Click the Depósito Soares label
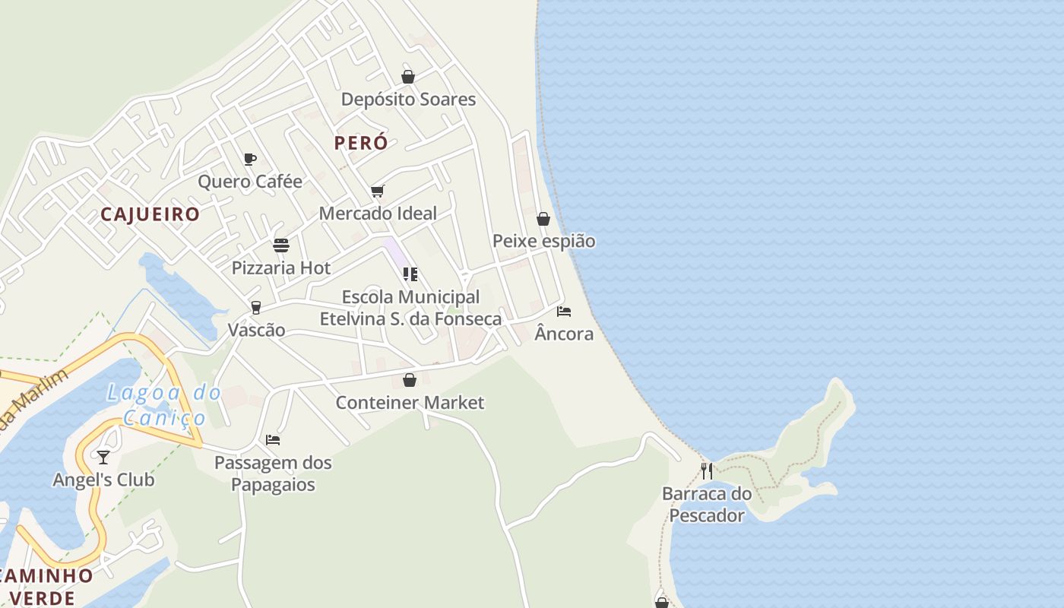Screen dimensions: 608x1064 click(x=408, y=100)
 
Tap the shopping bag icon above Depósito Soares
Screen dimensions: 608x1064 click(x=408, y=77)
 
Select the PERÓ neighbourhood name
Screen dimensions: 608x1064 click(x=361, y=143)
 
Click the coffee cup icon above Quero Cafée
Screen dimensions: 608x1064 click(x=250, y=159)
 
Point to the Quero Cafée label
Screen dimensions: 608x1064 click(x=250, y=182)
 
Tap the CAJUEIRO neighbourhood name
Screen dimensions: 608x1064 click(x=150, y=214)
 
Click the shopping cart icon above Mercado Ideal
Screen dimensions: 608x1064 click(x=378, y=191)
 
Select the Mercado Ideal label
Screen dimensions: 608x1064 click(x=378, y=214)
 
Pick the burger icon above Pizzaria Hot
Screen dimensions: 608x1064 click(x=281, y=245)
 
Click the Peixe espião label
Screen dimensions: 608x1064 click(x=543, y=242)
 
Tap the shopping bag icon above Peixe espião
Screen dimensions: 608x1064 click(x=543, y=220)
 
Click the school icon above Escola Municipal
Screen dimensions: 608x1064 click(x=410, y=274)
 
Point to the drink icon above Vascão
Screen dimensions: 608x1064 click(x=256, y=308)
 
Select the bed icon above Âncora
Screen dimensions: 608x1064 click(x=564, y=312)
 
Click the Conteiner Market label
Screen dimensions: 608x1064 click(x=410, y=403)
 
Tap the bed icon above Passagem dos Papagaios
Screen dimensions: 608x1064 click(x=273, y=440)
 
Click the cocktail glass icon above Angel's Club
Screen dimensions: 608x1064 click(x=103, y=458)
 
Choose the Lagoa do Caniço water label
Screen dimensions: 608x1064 click(x=164, y=405)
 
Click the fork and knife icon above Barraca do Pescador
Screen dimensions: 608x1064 click(x=707, y=471)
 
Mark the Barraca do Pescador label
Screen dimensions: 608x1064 click(x=707, y=505)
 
